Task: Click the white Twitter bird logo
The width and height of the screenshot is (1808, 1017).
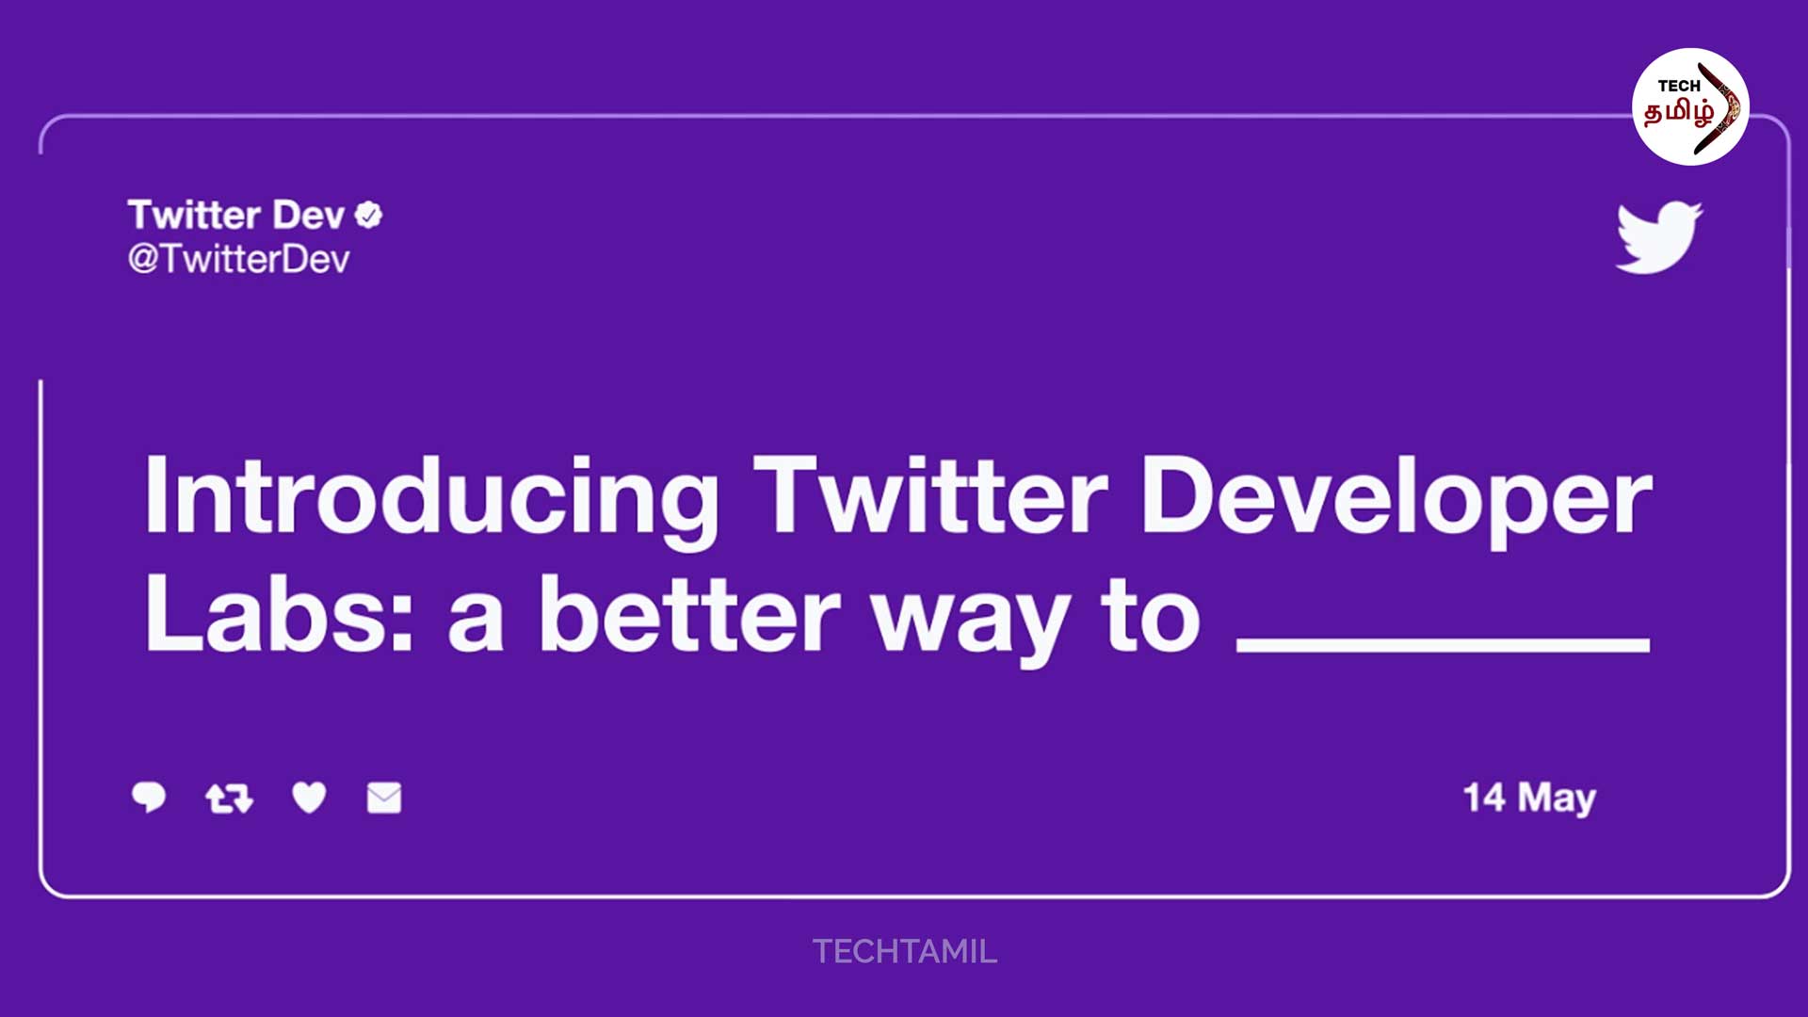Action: [x=1659, y=237]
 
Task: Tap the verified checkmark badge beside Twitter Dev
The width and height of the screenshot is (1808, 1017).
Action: [x=369, y=216]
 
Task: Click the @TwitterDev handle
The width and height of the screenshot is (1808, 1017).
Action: [x=239, y=259]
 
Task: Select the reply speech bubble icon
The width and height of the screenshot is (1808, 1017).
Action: [x=149, y=798]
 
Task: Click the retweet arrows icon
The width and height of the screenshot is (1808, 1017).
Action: [x=230, y=799]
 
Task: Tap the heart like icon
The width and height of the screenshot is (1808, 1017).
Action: [x=309, y=798]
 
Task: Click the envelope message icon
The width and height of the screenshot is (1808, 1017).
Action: [x=384, y=798]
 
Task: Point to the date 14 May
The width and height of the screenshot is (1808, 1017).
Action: [x=1529, y=799]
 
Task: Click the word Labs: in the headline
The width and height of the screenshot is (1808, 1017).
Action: [x=279, y=614]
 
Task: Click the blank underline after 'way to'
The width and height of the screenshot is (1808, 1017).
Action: [x=1444, y=645]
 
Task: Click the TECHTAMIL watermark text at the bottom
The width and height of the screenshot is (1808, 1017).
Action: [x=905, y=952]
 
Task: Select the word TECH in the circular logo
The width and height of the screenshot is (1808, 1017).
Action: [x=1678, y=87]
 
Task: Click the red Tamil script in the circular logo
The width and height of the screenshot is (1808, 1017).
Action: [x=1678, y=113]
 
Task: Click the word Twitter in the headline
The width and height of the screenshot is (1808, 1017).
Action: [x=930, y=497]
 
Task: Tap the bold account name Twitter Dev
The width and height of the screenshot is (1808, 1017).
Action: [x=236, y=216]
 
